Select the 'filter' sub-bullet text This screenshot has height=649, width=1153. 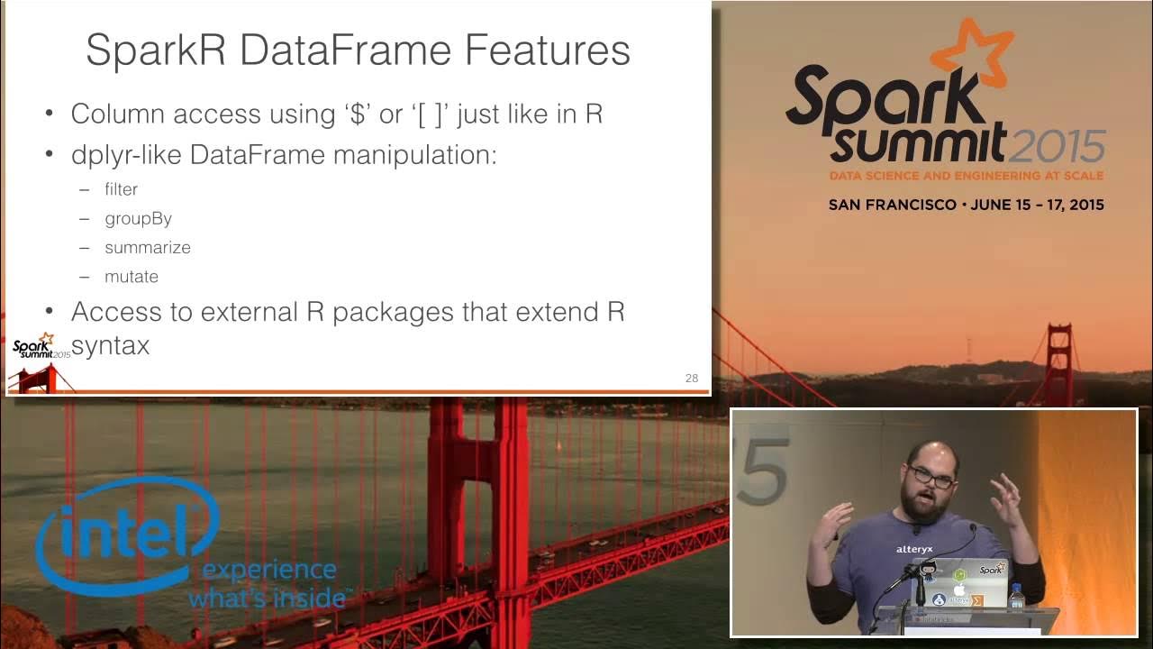121,189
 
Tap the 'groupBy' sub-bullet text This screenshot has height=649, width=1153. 138,218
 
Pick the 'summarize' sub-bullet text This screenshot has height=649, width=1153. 147,247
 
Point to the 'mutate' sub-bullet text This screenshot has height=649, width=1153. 132,277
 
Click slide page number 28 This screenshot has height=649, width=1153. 691,378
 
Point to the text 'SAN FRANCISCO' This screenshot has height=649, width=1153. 892,205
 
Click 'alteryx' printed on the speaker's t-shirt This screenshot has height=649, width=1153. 914,549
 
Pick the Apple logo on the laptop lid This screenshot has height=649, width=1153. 960,589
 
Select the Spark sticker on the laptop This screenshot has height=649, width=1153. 991,570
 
